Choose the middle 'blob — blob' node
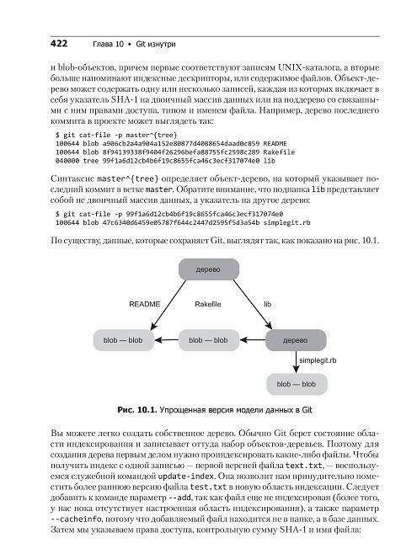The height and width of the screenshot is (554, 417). coord(209,340)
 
